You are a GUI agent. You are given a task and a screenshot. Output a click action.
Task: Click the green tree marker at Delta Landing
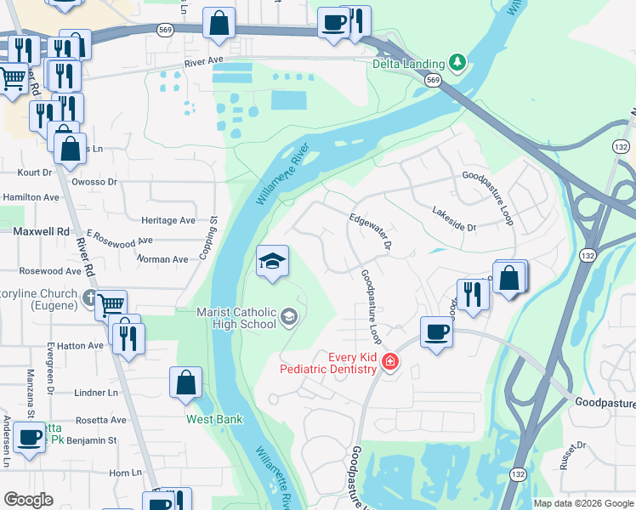tap(458, 62)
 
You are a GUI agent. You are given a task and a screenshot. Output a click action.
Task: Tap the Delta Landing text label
tap(408, 64)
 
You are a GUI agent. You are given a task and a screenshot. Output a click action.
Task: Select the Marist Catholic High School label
tap(236, 318)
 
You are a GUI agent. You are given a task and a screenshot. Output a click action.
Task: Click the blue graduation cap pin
tap(273, 261)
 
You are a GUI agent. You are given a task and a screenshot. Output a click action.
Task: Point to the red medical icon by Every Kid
tap(390, 363)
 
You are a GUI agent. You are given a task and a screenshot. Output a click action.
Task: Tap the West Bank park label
tap(215, 419)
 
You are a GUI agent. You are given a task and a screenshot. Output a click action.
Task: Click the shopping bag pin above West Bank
tap(186, 382)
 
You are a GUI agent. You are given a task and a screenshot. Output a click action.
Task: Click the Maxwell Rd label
tap(41, 231)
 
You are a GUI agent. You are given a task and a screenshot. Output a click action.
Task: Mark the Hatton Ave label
tap(82, 346)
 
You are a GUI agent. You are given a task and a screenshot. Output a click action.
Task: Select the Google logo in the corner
tap(28, 500)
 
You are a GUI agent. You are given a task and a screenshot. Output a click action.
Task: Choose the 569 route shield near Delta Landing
tap(434, 80)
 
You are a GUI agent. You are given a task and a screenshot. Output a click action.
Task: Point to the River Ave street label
tap(204, 64)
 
